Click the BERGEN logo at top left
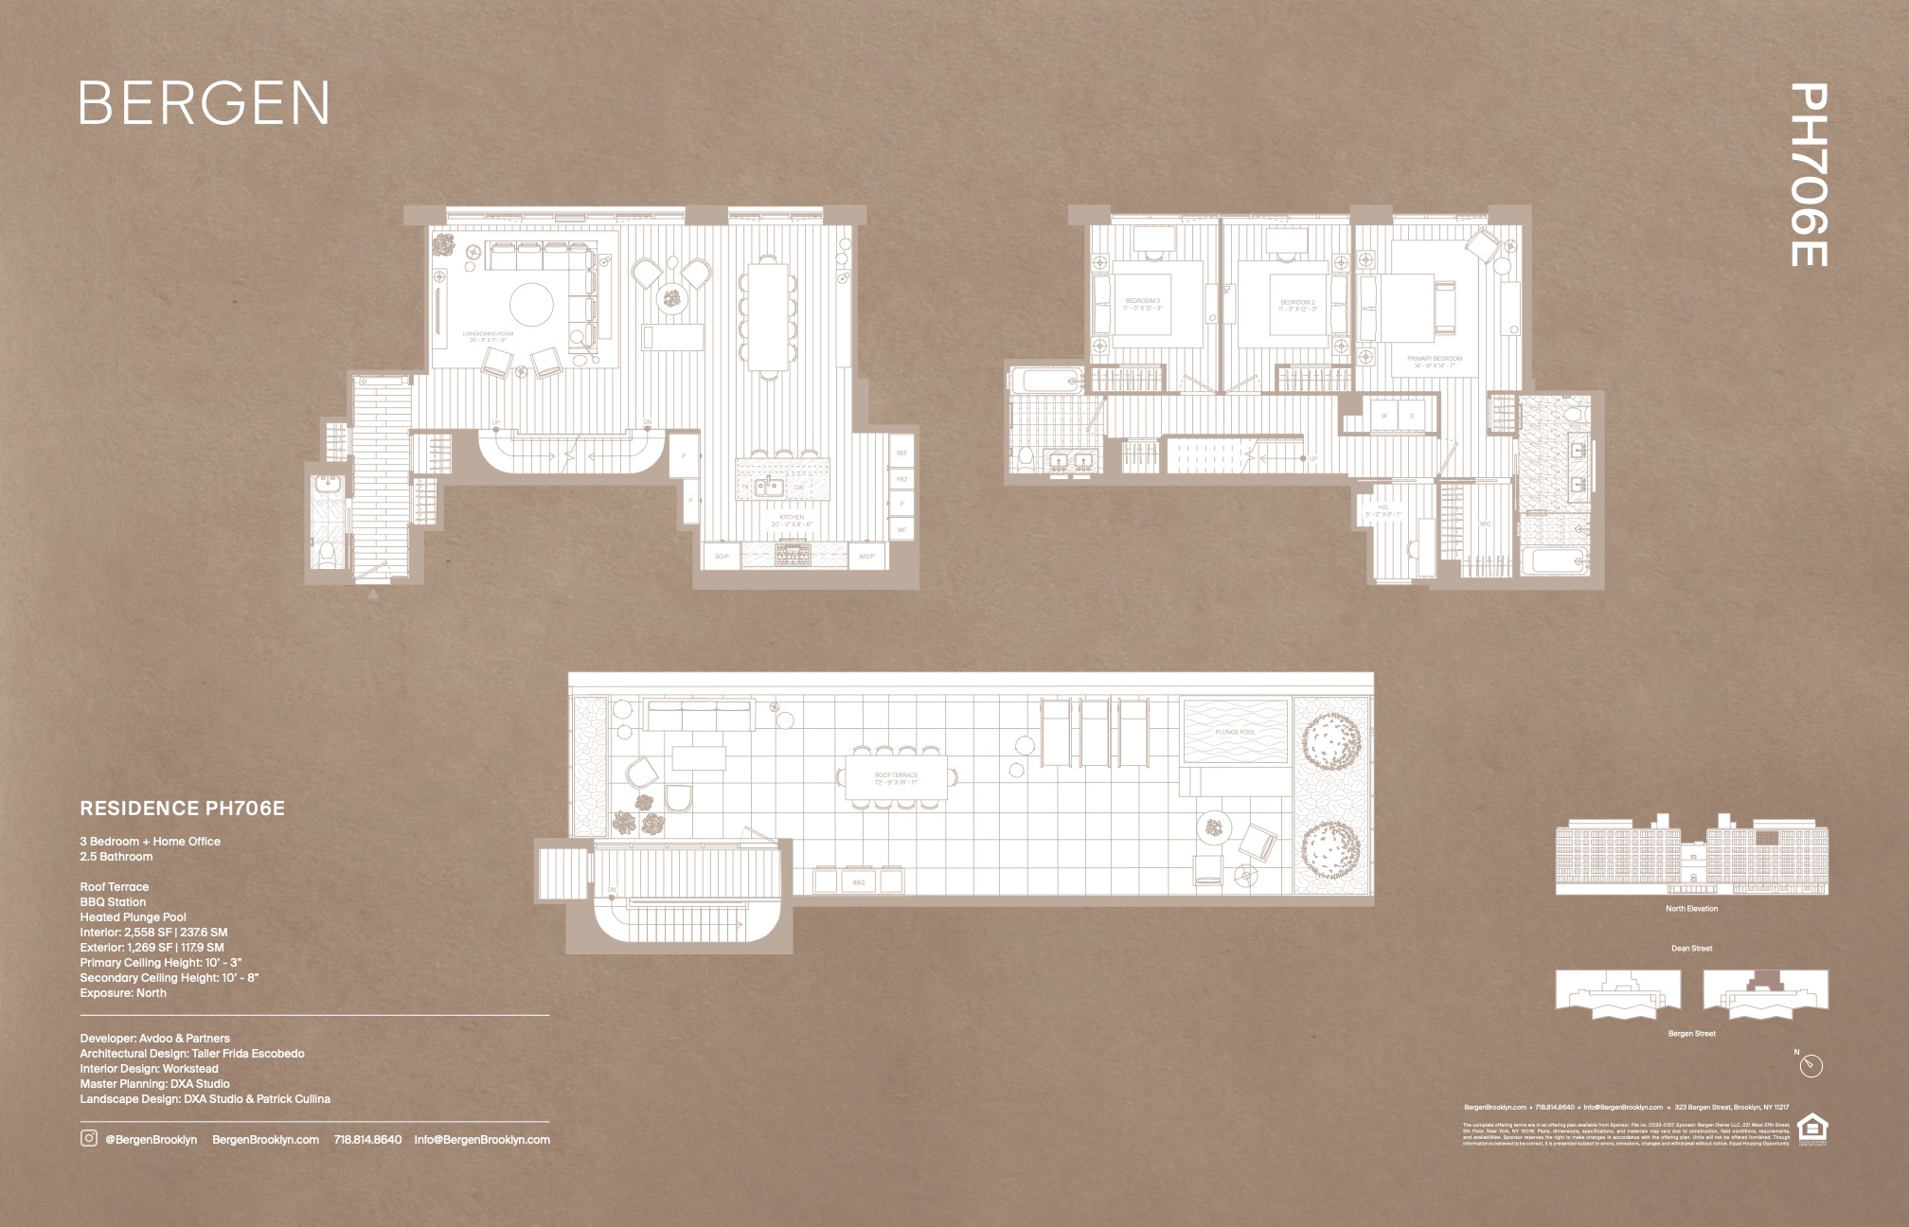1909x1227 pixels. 204,103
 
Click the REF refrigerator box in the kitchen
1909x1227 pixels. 901,453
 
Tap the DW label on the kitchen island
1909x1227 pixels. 798,488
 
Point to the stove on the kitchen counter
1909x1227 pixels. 788,554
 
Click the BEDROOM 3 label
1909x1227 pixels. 1141,305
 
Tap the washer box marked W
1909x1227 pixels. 1383,416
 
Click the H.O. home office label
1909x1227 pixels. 1383,510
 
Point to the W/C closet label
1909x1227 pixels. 1485,524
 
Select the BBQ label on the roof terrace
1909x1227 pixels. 858,882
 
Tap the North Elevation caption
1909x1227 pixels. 1691,909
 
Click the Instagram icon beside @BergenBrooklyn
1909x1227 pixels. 88,1139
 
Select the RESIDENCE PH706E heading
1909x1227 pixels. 182,809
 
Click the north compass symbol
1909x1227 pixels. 1811,1066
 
